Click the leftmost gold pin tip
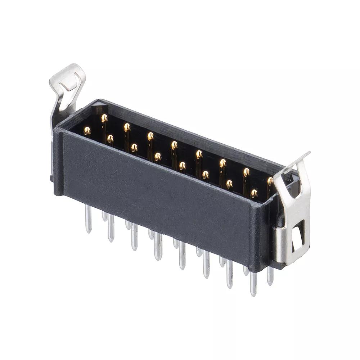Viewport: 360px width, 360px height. tap(87, 130)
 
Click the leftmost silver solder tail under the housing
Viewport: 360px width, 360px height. tap(88, 220)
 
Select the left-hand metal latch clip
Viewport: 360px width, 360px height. tap(65, 90)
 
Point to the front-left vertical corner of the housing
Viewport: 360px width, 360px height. tap(59, 162)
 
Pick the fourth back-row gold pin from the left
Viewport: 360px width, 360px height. tap(174, 145)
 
